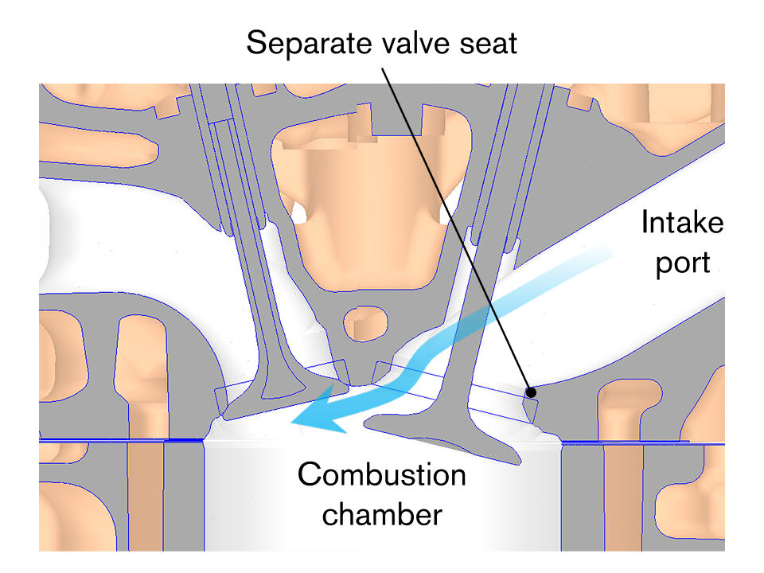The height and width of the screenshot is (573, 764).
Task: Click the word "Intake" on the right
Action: pyautogui.click(x=682, y=224)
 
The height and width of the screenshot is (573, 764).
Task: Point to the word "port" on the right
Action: pyautogui.click(x=682, y=260)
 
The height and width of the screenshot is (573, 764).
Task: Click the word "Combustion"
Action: pyautogui.click(x=381, y=476)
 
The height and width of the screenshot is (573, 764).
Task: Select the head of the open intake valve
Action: pyautogui.click(x=446, y=434)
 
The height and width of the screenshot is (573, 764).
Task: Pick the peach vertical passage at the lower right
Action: pyautogui.click(x=623, y=493)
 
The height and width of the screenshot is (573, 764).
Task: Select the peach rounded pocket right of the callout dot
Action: pyautogui.click(x=629, y=406)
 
